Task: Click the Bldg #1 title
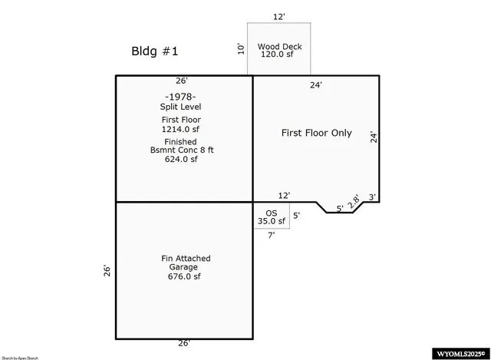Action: [155, 52]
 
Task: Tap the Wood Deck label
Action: [279, 47]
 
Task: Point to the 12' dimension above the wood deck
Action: [279, 15]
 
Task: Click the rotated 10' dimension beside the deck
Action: [241, 49]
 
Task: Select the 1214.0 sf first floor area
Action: [180, 130]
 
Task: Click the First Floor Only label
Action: [316, 133]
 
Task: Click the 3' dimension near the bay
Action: [372, 197]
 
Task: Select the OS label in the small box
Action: [271, 212]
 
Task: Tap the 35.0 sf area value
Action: [271, 221]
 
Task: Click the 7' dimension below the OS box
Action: [271, 236]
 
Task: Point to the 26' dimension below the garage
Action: [184, 343]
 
